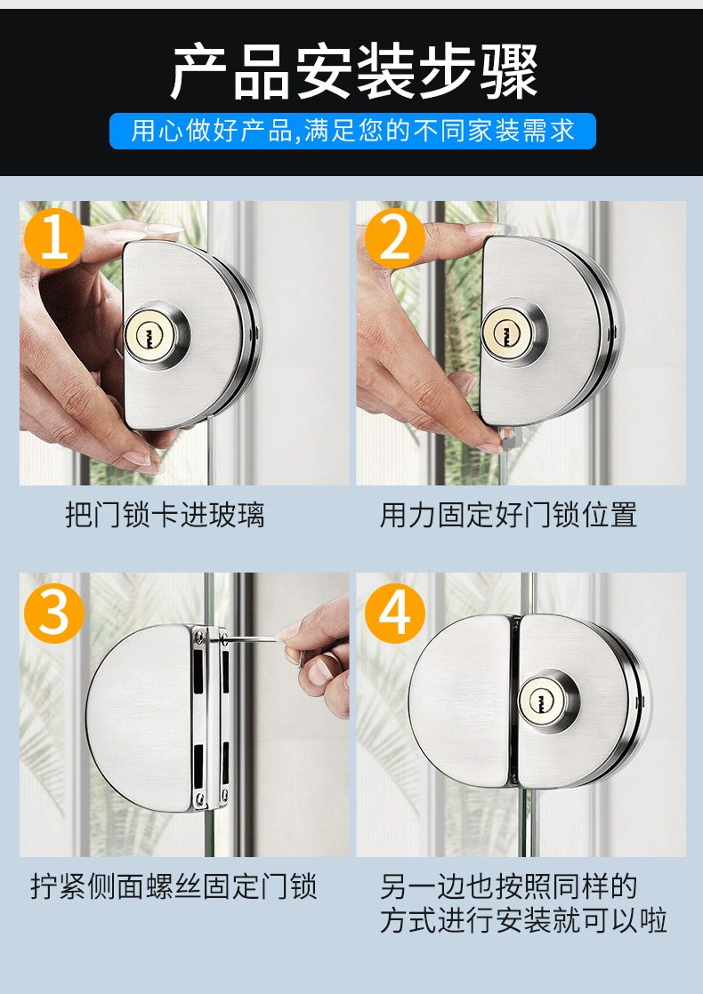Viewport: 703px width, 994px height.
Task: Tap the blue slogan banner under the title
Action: tap(352, 132)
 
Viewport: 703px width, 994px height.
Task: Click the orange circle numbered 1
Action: tap(54, 237)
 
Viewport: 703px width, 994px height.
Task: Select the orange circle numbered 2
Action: tap(394, 237)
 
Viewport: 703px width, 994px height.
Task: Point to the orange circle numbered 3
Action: tap(54, 613)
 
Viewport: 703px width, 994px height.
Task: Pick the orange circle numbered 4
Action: tap(394, 613)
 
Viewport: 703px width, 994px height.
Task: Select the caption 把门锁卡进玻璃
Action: tap(165, 514)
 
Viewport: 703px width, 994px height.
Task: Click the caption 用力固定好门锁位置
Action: tap(507, 514)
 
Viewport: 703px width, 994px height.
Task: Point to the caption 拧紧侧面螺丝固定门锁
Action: tap(174, 886)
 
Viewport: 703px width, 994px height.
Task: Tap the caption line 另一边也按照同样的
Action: tap(507, 886)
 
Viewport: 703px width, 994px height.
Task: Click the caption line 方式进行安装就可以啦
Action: tap(523, 920)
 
